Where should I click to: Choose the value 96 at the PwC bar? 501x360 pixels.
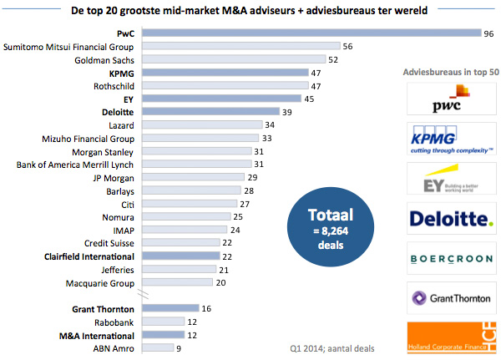(489, 33)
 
